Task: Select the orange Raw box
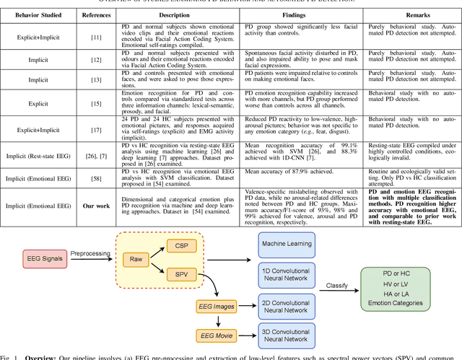pyautogui.click(x=135, y=258)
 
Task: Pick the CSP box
pyautogui.click(x=180, y=245)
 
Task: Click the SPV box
pyautogui.click(x=180, y=274)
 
